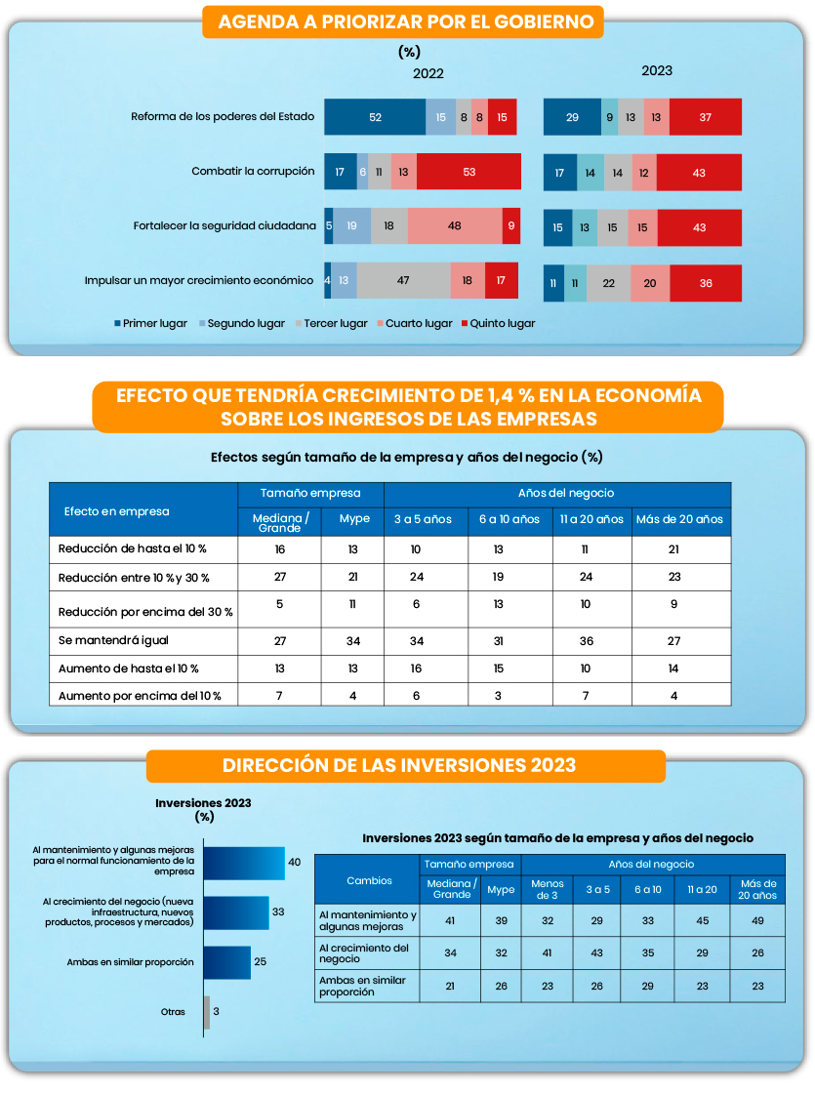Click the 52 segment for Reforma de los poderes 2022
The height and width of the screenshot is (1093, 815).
pos(375,117)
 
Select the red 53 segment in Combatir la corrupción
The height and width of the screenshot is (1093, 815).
pos(469,172)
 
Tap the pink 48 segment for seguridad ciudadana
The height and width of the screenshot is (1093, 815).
pos(455,225)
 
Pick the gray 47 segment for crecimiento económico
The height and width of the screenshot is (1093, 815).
pos(403,280)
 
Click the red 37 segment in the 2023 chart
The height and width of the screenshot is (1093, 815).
pos(706,117)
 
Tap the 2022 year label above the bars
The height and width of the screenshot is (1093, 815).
pos(428,73)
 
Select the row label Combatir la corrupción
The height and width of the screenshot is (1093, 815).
pos(253,172)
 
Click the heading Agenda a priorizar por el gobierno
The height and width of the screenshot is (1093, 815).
pos(403,22)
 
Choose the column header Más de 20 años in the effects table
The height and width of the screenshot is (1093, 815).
pos(679,519)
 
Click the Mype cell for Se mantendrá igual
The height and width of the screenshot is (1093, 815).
pos(353,641)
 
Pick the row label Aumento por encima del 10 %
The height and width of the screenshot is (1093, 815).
pos(140,696)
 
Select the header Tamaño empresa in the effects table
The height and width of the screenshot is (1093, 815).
pos(310,494)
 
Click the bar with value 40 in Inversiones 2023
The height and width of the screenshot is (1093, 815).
pos(245,863)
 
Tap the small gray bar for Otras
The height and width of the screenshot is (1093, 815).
pos(207,1012)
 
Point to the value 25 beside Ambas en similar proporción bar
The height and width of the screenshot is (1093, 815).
pos(260,962)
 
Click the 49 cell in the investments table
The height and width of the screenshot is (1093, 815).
pos(756,919)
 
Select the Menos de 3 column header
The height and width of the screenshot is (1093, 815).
pos(548,889)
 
